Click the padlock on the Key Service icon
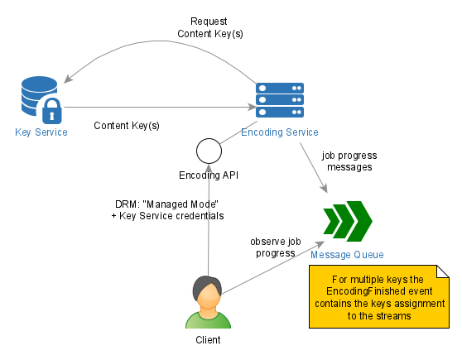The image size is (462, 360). click(x=52, y=111)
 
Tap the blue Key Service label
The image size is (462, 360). click(x=41, y=132)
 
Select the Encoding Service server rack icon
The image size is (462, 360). click(x=280, y=100)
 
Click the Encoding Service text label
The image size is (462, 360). click(x=280, y=132)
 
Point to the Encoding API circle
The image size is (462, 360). click(x=209, y=151)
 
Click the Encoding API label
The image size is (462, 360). click(x=209, y=175)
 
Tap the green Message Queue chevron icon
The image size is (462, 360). click(x=348, y=221)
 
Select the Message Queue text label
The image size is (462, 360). click(x=347, y=255)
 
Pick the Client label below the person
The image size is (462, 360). click(x=208, y=340)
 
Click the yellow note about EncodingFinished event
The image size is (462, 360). click(x=379, y=296)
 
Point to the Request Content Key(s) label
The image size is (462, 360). click(x=210, y=27)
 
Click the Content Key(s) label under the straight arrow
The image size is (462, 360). click(x=127, y=126)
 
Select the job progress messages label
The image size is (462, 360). click(x=349, y=161)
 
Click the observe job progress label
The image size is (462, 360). click(x=276, y=247)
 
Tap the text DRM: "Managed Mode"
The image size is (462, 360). click(x=166, y=204)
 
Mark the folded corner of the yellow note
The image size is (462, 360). click(x=443, y=271)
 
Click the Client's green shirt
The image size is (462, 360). click(x=208, y=320)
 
